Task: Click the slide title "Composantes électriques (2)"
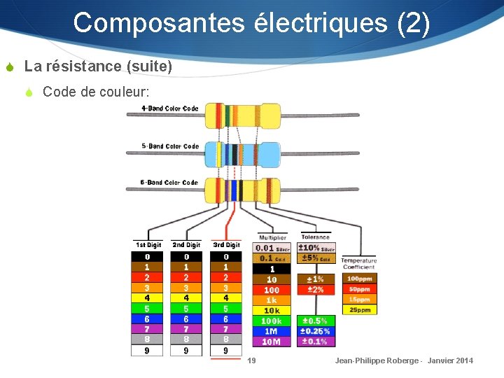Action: click(x=251, y=22)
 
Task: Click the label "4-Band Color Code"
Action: click(x=170, y=108)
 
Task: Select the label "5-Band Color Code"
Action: click(x=170, y=146)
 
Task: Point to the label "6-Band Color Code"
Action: click(x=169, y=183)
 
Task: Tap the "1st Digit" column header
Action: click(x=148, y=245)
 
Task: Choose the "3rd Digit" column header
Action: click(x=226, y=245)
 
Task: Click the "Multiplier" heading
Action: click(x=272, y=238)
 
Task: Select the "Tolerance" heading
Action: click(x=315, y=237)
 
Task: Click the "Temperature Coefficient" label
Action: click(x=359, y=263)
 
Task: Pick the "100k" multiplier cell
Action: click(x=272, y=321)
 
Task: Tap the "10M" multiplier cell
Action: click(x=272, y=342)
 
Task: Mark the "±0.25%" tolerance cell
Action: click(x=315, y=331)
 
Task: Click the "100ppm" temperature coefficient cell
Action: click(x=359, y=279)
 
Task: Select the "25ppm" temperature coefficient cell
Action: click(x=359, y=309)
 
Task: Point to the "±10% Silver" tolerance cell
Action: click(x=316, y=248)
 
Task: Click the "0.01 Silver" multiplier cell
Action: click(x=272, y=248)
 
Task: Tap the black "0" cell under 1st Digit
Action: click(x=147, y=257)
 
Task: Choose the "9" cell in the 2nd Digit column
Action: click(x=186, y=351)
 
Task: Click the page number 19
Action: click(x=251, y=360)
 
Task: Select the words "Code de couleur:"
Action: click(x=96, y=92)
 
